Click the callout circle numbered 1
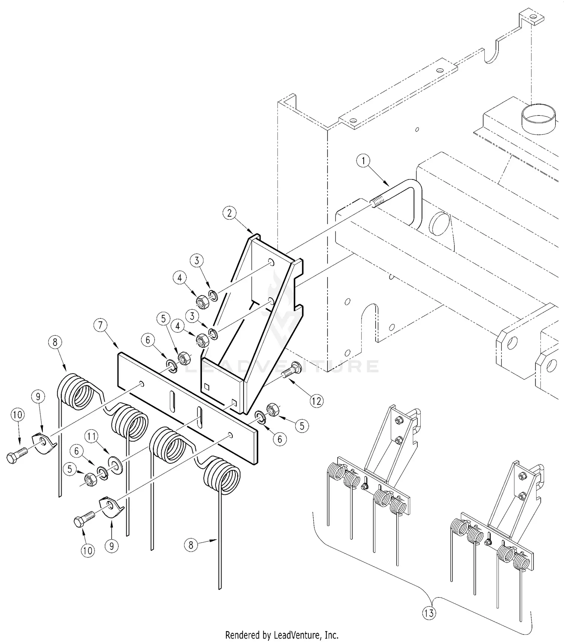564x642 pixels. [x=363, y=161]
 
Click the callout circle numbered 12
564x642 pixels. [x=316, y=401]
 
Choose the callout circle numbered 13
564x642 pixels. [x=429, y=613]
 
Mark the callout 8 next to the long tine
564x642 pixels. [x=191, y=545]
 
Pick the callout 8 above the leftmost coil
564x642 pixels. [x=55, y=342]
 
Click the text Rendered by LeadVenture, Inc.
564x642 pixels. [x=282, y=635]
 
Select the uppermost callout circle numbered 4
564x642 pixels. [x=179, y=278]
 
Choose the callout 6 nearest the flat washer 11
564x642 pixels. [x=77, y=450]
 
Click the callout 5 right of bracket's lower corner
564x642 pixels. [x=302, y=426]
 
